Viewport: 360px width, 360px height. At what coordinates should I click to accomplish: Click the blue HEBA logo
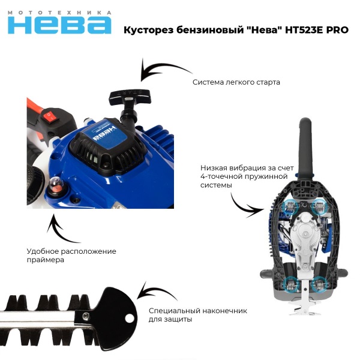point(59,24)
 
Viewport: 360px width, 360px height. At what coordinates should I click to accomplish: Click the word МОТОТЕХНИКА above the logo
point(59,12)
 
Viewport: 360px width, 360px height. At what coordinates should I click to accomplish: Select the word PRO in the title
point(337,30)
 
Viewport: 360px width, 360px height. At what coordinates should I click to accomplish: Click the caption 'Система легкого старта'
point(236,82)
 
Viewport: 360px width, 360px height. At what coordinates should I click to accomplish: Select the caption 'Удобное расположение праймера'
point(71,256)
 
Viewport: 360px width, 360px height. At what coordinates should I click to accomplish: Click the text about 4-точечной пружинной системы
point(231,177)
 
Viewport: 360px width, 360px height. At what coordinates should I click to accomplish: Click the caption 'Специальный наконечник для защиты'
point(197,315)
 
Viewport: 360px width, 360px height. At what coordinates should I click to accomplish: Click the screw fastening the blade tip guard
point(86,316)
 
